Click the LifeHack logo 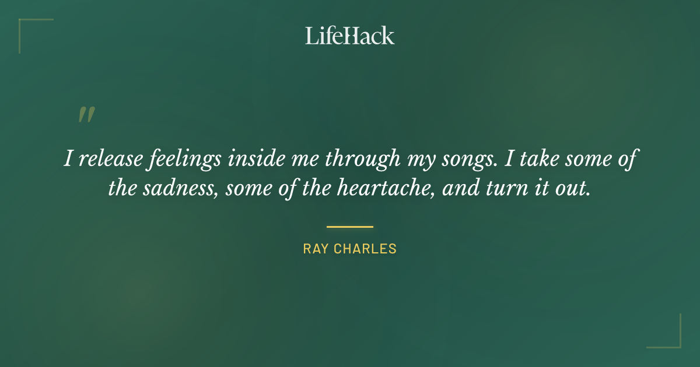[x=349, y=36]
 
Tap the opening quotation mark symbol [x=86, y=115]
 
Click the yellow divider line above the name [x=349, y=227]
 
